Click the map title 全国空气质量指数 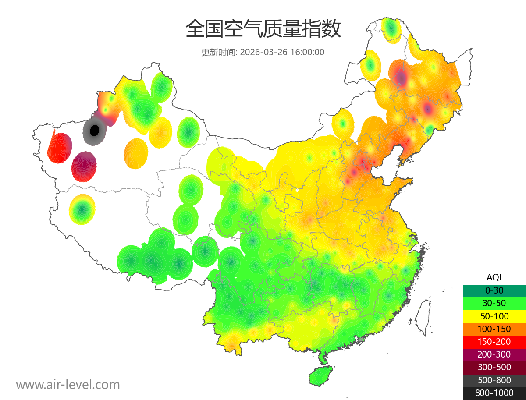[263, 29]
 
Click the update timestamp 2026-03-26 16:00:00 [282, 52]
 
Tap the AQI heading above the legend [494, 277]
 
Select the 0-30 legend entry [494, 290]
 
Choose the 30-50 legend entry [494, 303]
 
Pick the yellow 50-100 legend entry [494, 316]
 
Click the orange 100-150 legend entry [494, 329]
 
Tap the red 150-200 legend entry [494, 342]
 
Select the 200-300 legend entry [494, 354]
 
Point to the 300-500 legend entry [494, 367]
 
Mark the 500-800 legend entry [494, 380]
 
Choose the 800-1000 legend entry [494, 393]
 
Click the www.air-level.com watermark [68, 385]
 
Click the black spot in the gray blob [94, 130]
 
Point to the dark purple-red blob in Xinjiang [84, 166]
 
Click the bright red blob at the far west [59, 148]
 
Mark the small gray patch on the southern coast [361, 340]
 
